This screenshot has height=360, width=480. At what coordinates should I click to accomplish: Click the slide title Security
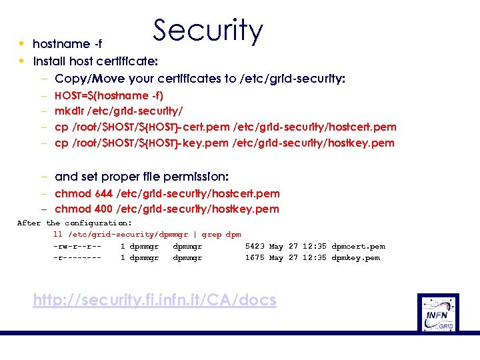tap(208, 31)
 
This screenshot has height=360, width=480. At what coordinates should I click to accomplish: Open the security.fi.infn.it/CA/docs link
tap(155, 301)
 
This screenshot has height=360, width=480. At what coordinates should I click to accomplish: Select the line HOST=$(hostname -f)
tap(109, 95)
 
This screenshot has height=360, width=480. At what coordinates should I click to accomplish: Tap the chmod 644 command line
tap(167, 193)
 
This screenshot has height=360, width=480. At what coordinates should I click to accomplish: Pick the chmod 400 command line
tap(167, 209)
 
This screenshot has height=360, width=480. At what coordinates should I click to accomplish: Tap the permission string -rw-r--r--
tap(77, 247)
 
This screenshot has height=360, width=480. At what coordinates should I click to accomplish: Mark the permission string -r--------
tap(77, 258)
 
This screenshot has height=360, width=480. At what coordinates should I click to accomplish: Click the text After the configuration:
tap(74, 223)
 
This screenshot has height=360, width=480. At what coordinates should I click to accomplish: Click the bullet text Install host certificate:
tap(95, 61)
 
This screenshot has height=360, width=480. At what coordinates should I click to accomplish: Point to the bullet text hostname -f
tap(67, 44)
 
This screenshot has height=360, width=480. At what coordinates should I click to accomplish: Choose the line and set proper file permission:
tap(141, 177)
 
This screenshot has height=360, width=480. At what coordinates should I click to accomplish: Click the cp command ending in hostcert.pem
tap(225, 127)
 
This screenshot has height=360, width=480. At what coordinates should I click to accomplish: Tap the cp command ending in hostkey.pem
tap(224, 143)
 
